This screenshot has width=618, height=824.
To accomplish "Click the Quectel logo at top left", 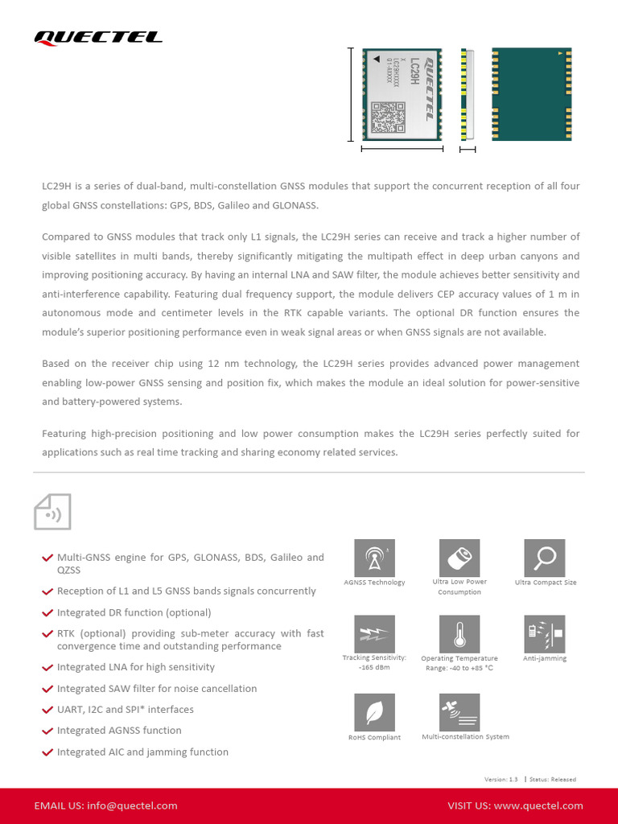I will pyautogui.click(x=97, y=37).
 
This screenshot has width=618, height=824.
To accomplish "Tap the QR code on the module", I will pyautogui.click(x=387, y=117).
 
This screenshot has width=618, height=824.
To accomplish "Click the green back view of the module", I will pyautogui.click(x=532, y=93).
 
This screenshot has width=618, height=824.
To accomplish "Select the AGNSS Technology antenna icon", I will pyautogui.click(x=374, y=558).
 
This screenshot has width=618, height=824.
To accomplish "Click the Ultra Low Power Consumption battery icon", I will pyautogui.click(x=459, y=558).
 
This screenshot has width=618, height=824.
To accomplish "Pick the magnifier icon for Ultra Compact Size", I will pyautogui.click(x=545, y=558).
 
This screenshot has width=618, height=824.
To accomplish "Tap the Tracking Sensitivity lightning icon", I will pyautogui.click(x=374, y=634).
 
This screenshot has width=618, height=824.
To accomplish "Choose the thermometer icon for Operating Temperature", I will pyautogui.click(x=459, y=634).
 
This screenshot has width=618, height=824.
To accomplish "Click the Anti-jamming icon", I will pyautogui.click(x=545, y=634).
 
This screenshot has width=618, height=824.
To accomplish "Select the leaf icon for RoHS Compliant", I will pyautogui.click(x=374, y=712).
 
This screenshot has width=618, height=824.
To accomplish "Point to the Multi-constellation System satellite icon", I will pyautogui.click(x=459, y=712).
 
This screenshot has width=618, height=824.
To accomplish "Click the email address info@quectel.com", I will pyautogui.click(x=132, y=805).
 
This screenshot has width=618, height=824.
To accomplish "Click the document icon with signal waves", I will pyautogui.click(x=52, y=512).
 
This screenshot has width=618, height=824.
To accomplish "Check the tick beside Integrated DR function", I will pyautogui.click(x=47, y=613).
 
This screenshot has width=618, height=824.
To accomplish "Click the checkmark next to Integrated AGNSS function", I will pyautogui.click(x=47, y=731).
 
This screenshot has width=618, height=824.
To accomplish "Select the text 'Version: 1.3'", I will pyautogui.click(x=501, y=779).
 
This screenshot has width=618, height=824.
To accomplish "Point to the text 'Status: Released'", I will pyautogui.click(x=553, y=779).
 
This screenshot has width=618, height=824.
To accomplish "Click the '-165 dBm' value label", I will pyautogui.click(x=374, y=668).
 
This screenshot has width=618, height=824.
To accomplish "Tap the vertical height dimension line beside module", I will pyautogui.click(x=350, y=93).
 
